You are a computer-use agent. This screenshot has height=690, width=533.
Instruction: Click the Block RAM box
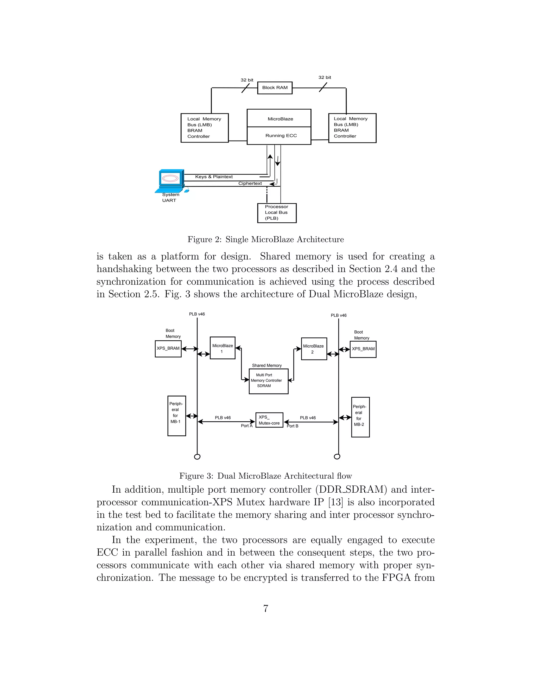click(275, 88)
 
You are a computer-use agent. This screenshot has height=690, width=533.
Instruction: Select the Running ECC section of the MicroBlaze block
click(279, 136)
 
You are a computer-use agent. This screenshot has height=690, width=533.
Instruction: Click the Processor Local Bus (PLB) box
click(277, 213)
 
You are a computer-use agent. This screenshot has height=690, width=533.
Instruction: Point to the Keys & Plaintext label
click(214, 177)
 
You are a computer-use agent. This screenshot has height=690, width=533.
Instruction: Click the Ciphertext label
click(250, 184)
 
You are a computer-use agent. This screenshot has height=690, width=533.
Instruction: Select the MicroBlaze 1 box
click(222, 348)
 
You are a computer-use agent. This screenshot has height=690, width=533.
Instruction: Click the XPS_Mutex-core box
click(269, 420)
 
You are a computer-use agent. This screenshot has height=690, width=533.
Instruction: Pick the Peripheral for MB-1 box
click(176, 416)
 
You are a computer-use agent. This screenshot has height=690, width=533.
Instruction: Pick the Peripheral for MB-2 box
click(360, 417)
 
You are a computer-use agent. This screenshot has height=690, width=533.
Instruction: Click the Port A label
click(246, 426)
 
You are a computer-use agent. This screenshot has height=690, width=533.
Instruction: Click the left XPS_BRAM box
click(168, 349)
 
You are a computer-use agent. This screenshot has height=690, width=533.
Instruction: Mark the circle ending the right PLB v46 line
click(337, 456)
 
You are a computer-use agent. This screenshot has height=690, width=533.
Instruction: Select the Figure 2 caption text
click(265, 240)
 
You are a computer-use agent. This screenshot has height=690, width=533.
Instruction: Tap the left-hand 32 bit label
click(247, 80)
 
